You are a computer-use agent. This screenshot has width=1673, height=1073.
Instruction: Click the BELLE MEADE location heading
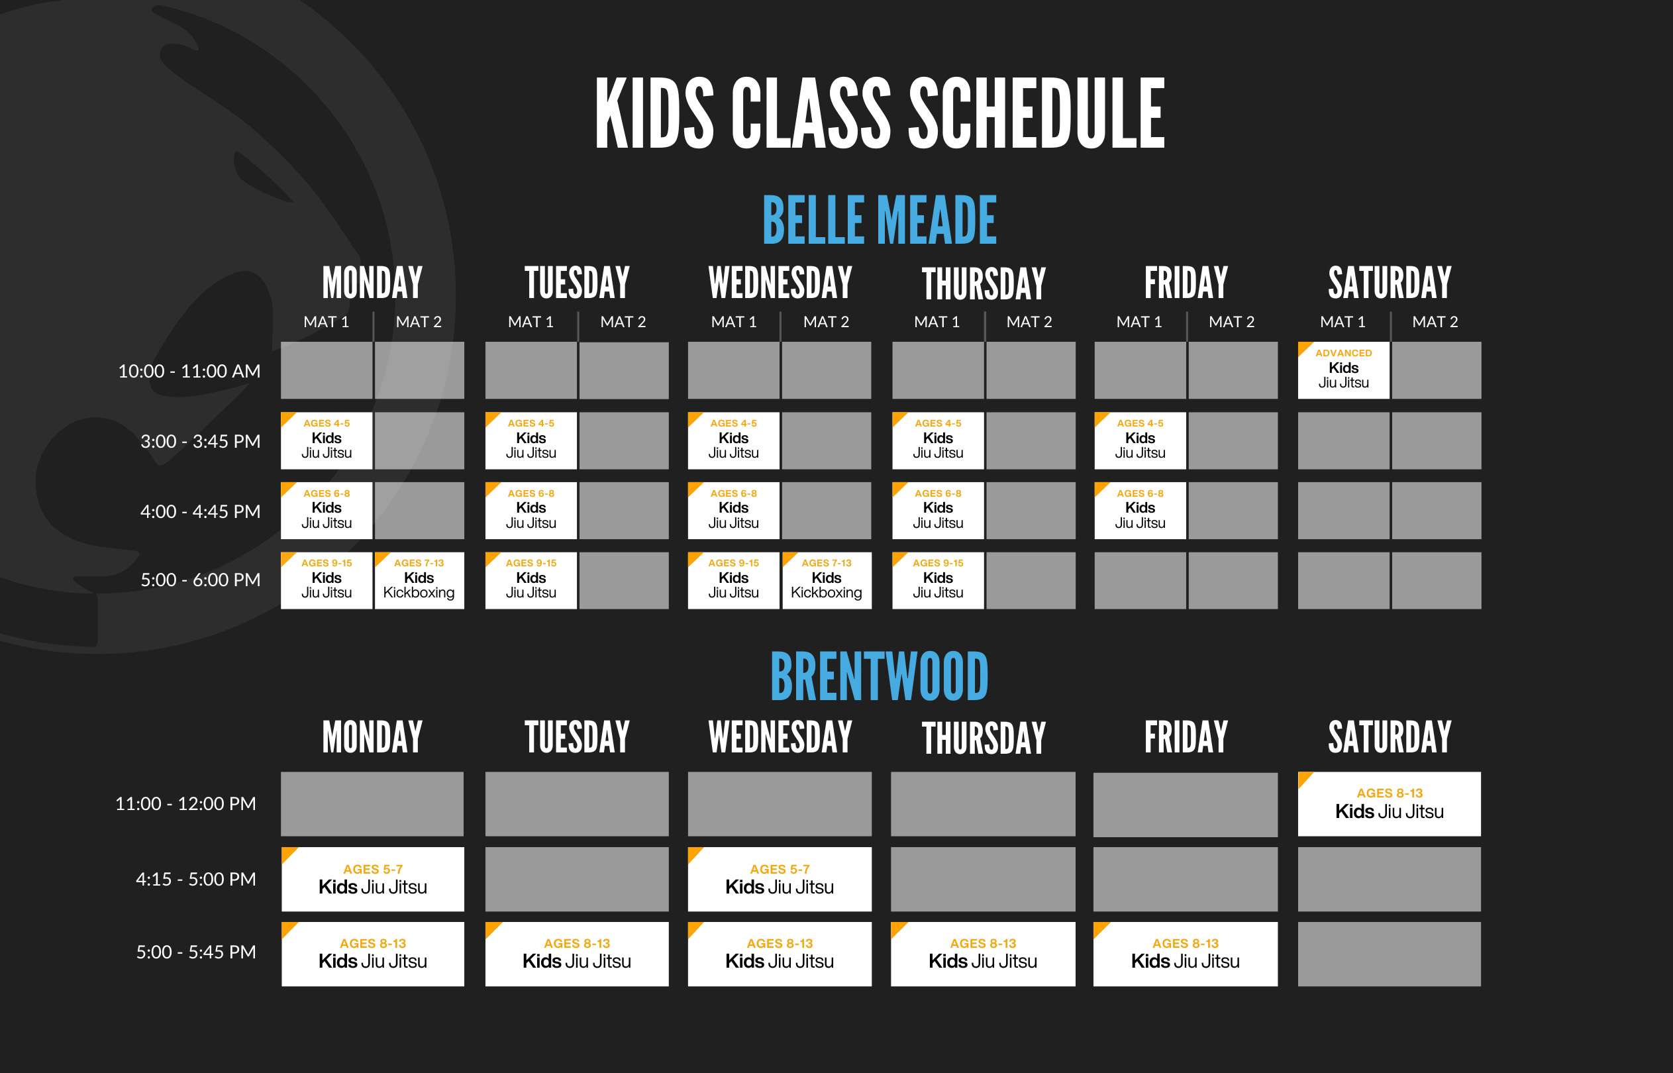(879, 220)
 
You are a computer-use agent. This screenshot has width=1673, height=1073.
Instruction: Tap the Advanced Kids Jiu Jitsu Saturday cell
(1343, 370)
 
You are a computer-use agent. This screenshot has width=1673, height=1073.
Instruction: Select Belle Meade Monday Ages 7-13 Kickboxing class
(419, 580)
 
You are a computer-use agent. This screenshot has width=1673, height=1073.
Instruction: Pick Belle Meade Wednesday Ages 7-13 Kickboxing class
(826, 580)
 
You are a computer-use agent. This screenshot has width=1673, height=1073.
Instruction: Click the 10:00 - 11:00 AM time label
(189, 371)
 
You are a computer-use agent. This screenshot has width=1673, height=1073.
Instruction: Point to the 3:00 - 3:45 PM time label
(201, 441)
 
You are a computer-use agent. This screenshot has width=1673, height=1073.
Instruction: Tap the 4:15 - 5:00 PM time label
(196, 879)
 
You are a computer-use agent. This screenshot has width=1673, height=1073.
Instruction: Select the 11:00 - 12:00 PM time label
(185, 803)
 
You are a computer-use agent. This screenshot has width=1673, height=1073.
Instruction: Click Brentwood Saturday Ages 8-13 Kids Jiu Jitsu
(1389, 803)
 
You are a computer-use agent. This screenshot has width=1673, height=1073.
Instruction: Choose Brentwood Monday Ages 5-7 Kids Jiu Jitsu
(373, 879)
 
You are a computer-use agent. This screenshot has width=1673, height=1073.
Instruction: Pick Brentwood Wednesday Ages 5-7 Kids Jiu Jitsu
(780, 879)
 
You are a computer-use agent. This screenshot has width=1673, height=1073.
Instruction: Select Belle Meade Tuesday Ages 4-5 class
(531, 440)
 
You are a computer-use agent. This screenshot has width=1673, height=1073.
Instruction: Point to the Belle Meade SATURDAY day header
(1389, 282)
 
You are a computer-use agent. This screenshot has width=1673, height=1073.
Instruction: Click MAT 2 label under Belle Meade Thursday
(1029, 322)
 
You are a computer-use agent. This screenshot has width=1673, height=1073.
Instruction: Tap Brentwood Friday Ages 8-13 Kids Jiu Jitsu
(1185, 954)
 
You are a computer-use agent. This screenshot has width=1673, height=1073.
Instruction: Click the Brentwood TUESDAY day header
(577, 737)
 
